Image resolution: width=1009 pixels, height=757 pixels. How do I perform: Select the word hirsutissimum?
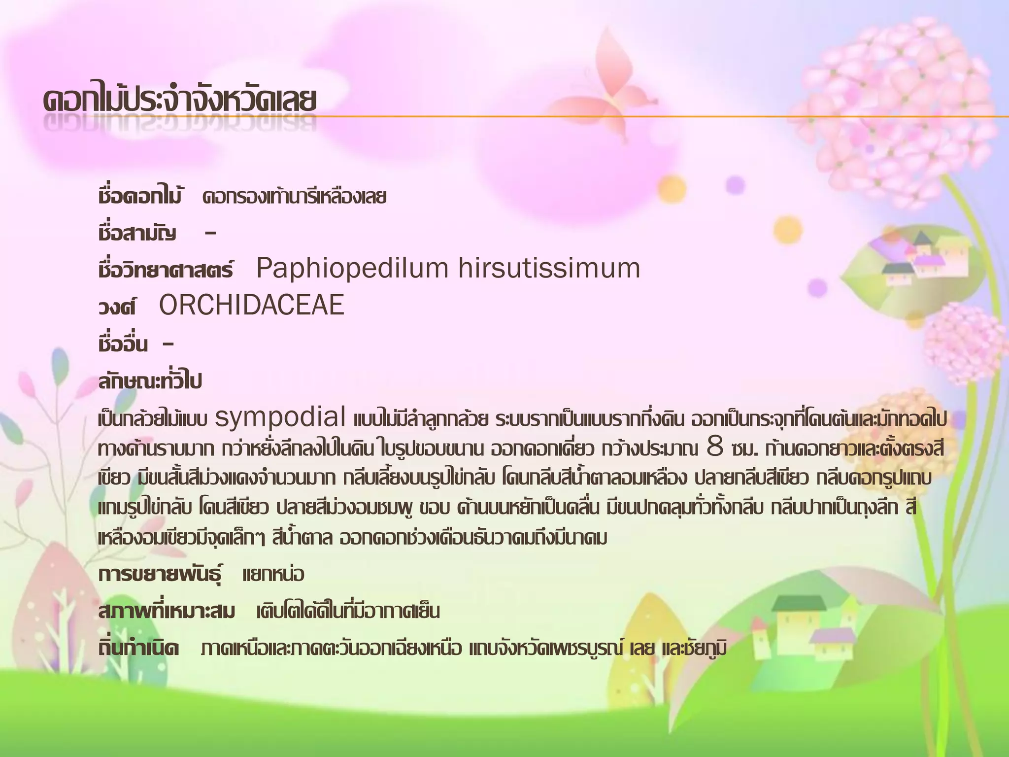549,269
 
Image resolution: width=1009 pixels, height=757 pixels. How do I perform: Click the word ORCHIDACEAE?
251,305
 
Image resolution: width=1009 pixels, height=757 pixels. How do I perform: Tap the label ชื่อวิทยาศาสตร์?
166,270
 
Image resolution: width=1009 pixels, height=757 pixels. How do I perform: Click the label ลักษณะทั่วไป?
150,381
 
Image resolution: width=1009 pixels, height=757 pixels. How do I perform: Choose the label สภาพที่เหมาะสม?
167,612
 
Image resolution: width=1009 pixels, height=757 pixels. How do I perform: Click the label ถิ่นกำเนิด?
138,649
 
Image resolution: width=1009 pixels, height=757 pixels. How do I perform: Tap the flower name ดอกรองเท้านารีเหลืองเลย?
294,197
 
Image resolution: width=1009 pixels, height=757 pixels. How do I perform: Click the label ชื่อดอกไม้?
140,197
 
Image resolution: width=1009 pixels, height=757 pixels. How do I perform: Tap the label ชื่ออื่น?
123,344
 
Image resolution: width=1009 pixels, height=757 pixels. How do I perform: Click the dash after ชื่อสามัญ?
210,234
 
